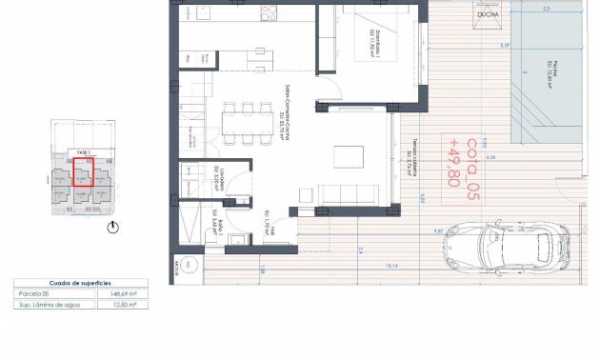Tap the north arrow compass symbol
pos(115,228)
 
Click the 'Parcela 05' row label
pos(35,293)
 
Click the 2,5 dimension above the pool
pos(547,9)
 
